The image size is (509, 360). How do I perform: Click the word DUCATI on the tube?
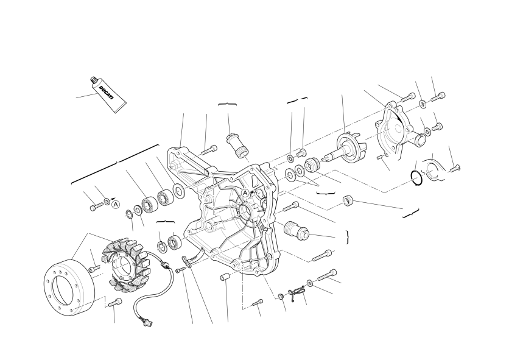[x=107, y=93]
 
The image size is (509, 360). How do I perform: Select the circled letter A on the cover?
[x=245, y=193]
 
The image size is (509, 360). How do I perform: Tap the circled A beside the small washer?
[x=116, y=205]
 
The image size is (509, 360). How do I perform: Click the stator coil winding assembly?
[x=125, y=264]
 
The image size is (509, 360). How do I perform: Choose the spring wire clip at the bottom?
[x=298, y=292]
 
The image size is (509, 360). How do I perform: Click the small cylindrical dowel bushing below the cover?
[x=225, y=278]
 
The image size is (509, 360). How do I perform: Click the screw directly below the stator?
[x=115, y=303]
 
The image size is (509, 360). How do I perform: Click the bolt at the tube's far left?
[x=96, y=206]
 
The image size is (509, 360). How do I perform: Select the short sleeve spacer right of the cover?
[x=348, y=200]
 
